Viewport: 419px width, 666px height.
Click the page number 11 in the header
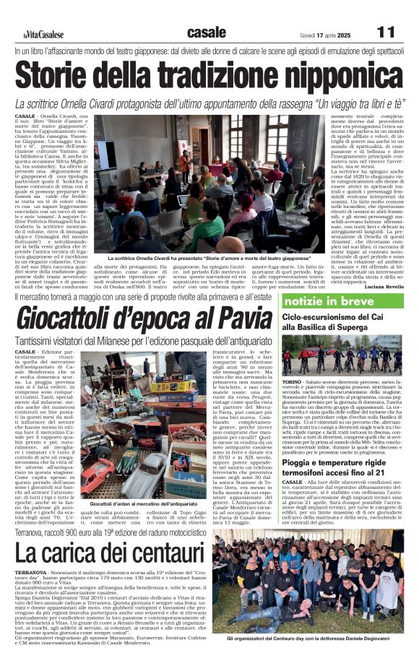(386, 33)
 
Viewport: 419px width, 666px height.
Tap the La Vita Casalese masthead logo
(44, 35)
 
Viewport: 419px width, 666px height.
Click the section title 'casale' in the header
(206, 33)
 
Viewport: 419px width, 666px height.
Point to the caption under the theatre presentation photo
(209, 258)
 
